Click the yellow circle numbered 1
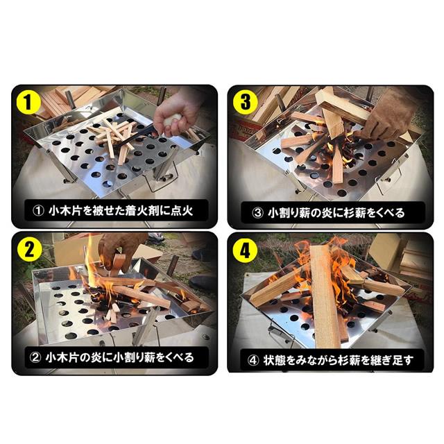28,103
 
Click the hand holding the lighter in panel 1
173,111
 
